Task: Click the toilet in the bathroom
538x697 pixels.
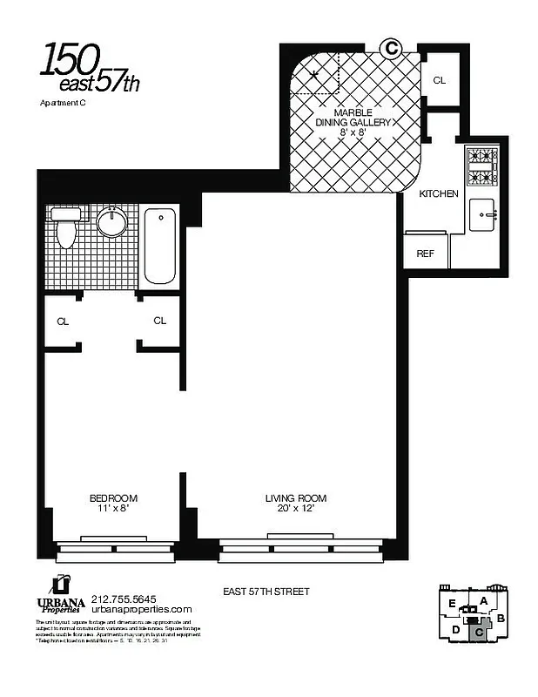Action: [x=66, y=228]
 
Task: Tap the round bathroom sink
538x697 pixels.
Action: [x=111, y=223]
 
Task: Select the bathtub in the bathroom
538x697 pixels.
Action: [x=159, y=246]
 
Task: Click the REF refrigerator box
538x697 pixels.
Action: [x=426, y=254]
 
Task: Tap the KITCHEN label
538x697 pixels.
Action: [x=439, y=193]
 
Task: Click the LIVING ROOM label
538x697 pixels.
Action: [x=296, y=503]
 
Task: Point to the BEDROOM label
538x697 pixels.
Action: [x=113, y=503]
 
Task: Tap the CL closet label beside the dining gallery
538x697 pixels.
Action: [x=440, y=80]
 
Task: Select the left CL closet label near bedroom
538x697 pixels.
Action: [x=63, y=321]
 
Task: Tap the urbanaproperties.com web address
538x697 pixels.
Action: [x=141, y=610]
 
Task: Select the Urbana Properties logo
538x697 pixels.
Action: [x=58, y=595]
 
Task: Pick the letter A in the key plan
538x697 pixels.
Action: [x=483, y=600]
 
